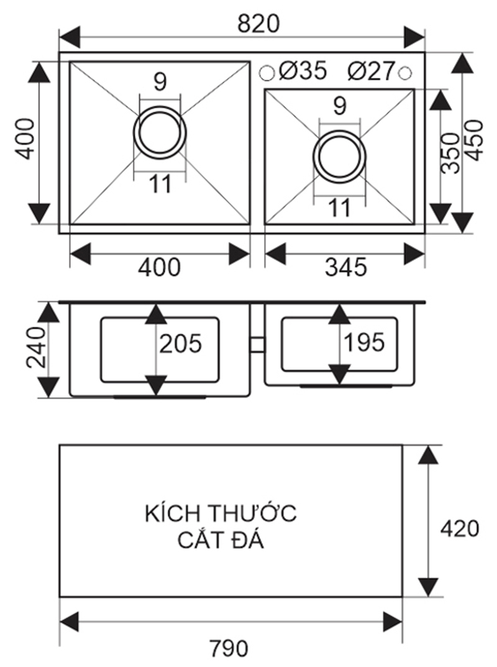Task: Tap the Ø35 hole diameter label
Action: (x=303, y=71)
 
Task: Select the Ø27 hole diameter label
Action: (x=372, y=71)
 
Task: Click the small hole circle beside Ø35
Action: (x=267, y=72)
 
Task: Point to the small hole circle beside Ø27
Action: (x=405, y=72)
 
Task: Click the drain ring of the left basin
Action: (x=159, y=132)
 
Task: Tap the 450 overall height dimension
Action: (x=475, y=141)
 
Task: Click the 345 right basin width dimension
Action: (x=346, y=267)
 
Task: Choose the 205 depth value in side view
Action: (x=180, y=343)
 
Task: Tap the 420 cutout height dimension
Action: (x=459, y=528)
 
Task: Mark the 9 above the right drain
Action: (x=339, y=106)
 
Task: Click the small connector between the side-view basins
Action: (x=257, y=344)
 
